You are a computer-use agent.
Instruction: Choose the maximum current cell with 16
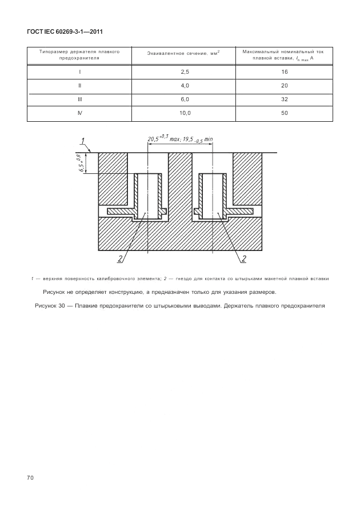(x=285, y=72)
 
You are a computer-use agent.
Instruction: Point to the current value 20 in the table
(x=285, y=86)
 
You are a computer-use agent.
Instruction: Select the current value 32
(x=285, y=99)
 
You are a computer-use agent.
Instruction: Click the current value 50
(x=285, y=113)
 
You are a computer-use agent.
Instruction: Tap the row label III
(x=79, y=99)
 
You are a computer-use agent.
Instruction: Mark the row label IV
(x=79, y=113)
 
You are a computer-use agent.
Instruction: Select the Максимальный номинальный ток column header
(x=285, y=54)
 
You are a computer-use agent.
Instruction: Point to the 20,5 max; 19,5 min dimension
(x=179, y=138)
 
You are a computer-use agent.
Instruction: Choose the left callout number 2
(x=121, y=259)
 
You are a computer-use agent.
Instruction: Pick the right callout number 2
(x=243, y=259)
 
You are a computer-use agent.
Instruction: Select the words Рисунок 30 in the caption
(x=49, y=306)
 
